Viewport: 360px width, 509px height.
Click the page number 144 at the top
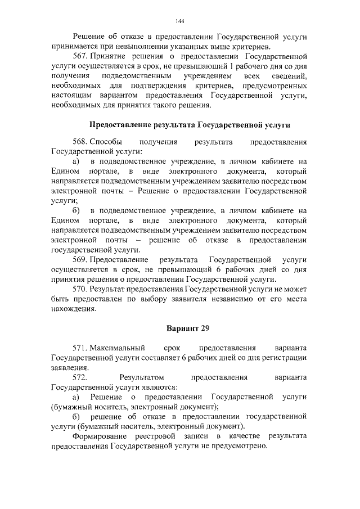(179, 21)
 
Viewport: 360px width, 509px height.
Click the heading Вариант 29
(179, 327)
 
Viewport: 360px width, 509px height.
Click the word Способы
(104, 142)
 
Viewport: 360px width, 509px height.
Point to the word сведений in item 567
(291, 76)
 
